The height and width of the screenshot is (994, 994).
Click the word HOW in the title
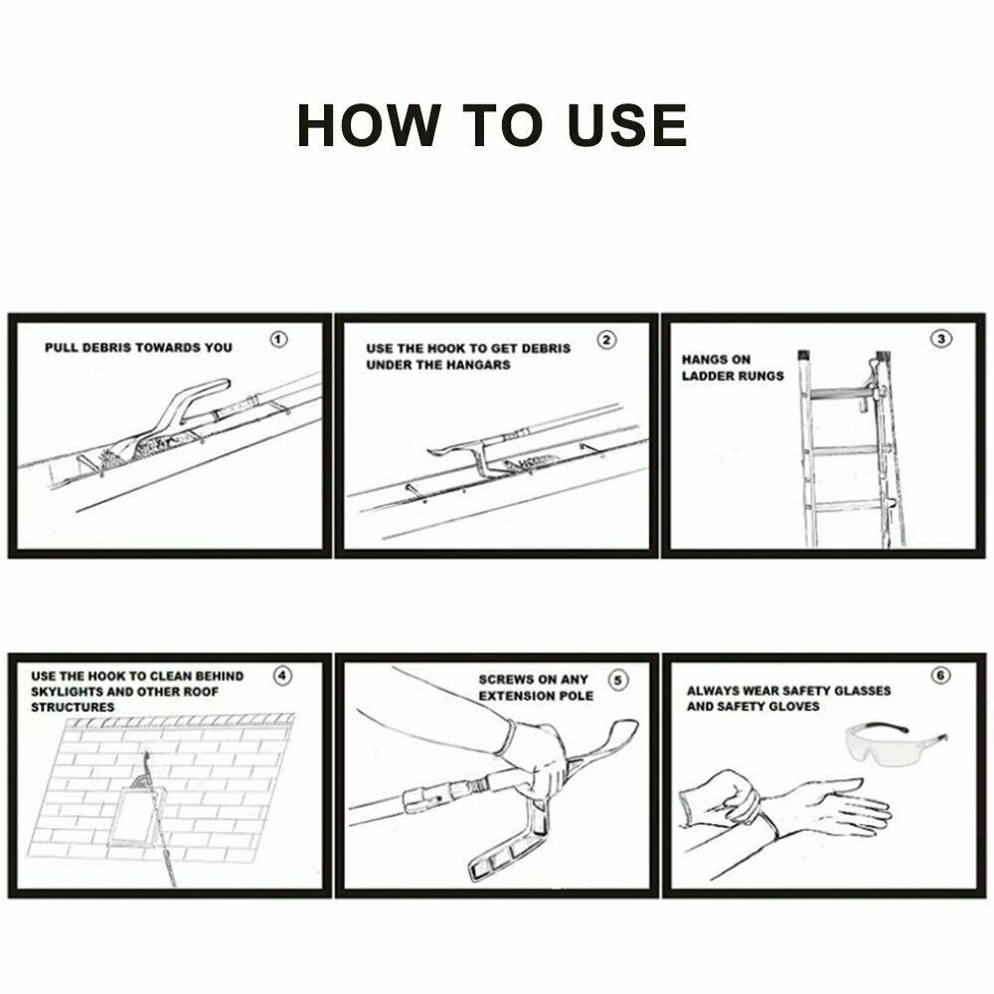(369, 125)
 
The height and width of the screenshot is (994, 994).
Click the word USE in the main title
(627, 125)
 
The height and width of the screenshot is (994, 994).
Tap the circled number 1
(279, 339)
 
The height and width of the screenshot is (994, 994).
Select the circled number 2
(606, 340)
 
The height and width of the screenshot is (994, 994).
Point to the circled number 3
(940, 339)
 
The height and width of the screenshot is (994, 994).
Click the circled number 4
(282, 676)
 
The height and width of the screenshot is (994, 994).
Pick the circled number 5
(618, 681)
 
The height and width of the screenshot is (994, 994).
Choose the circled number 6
(940, 675)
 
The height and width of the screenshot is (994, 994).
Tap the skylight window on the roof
(135, 816)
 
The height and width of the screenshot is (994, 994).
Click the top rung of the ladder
(840, 393)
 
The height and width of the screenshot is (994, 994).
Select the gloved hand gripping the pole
(537, 760)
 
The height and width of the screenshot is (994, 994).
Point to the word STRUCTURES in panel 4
(73, 708)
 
